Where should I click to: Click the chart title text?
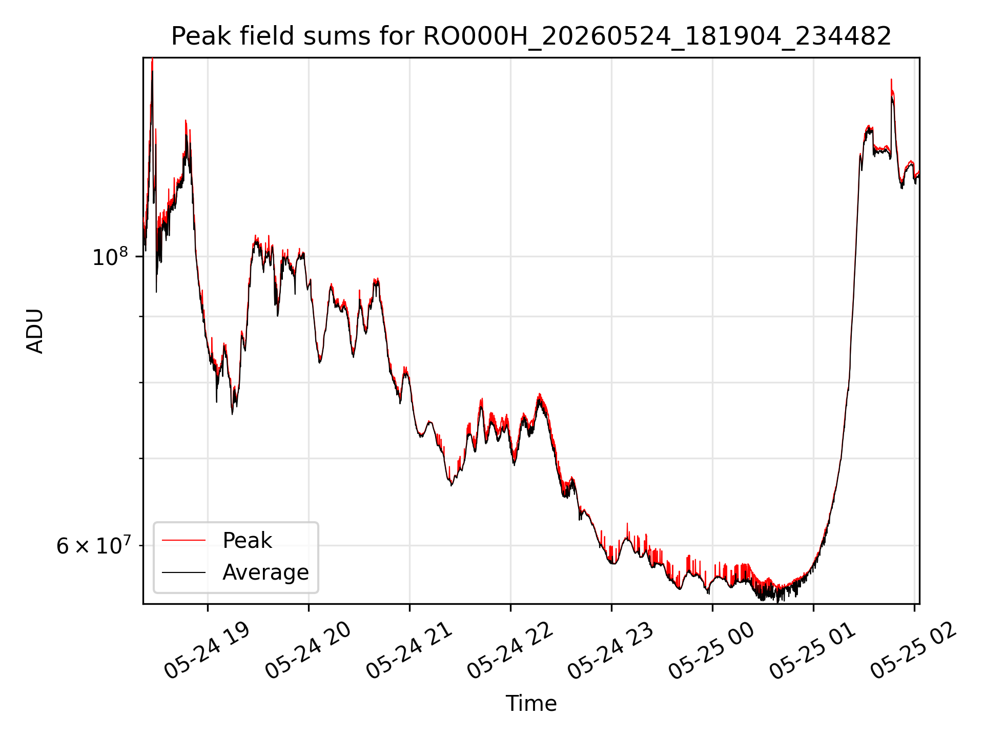[531, 36]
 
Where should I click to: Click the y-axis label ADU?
[35, 331]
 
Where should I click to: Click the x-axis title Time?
[531, 703]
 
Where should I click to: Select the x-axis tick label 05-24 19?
[207, 651]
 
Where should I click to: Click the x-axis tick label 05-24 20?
[307, 651]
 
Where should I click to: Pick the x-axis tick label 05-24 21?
[408, 651]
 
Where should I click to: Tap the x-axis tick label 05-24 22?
[509, 651]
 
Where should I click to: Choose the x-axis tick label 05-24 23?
[610, 651]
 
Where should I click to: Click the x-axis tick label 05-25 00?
[711, 651]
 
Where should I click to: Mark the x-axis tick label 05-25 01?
[812, 651]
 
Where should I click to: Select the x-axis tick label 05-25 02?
[913, 651]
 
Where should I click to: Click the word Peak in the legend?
[247, 540]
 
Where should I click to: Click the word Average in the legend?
[265, 572]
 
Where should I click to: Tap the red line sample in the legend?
[183, 540]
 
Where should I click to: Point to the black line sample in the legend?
[183, 572]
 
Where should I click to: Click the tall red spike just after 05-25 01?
[891, 85]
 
